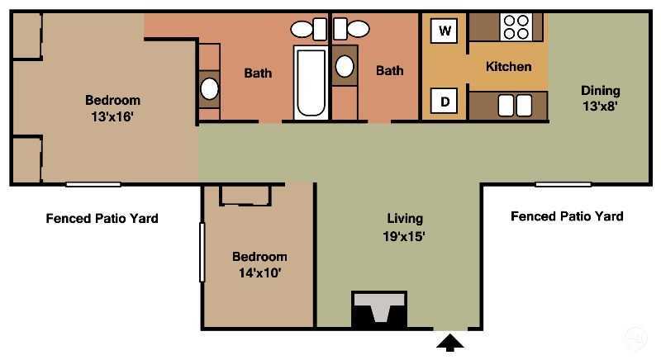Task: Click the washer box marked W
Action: [445, 31]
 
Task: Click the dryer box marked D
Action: [444, 101]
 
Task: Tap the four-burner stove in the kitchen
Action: [516, 27]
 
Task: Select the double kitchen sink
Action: [515, 105]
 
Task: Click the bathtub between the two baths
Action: [311, 83]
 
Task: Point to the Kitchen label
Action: [508, 67]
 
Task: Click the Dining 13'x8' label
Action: [601, 98]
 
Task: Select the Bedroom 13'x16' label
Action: [112, 108]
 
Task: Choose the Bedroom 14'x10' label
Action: [259, 264]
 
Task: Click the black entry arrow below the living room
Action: [450, 343]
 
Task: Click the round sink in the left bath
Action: [210, 89]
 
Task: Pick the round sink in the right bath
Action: [345, 66]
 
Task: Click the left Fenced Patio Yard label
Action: [102, 218]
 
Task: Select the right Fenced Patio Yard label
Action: [567, 216]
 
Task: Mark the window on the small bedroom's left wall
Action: [202, 252]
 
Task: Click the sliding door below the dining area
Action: [564, 184]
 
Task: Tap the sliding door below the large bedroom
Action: [93, 184]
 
